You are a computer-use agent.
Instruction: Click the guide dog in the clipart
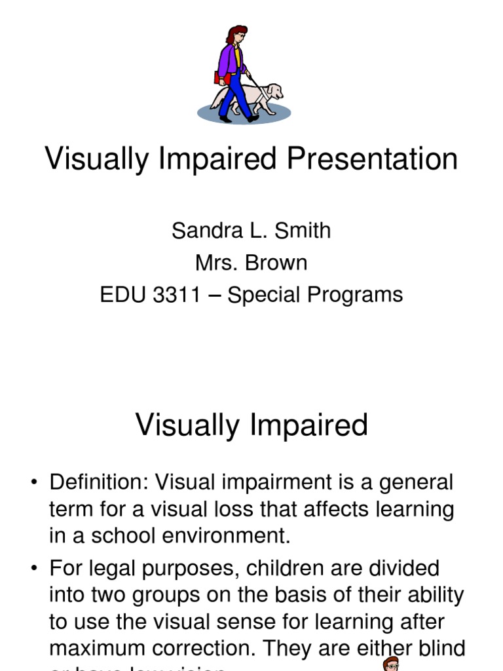click(262, 96)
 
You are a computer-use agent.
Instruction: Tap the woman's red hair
click(236, 34)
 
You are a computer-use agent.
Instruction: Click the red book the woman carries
click(223, 78)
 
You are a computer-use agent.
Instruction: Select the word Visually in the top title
click(92, 159)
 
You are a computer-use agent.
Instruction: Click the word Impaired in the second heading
click(307, 425)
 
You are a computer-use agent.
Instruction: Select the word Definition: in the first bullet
click(98, 483)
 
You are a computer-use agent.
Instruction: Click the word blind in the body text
click(439, 648)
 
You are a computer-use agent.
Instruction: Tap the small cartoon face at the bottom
click(391, 663)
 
